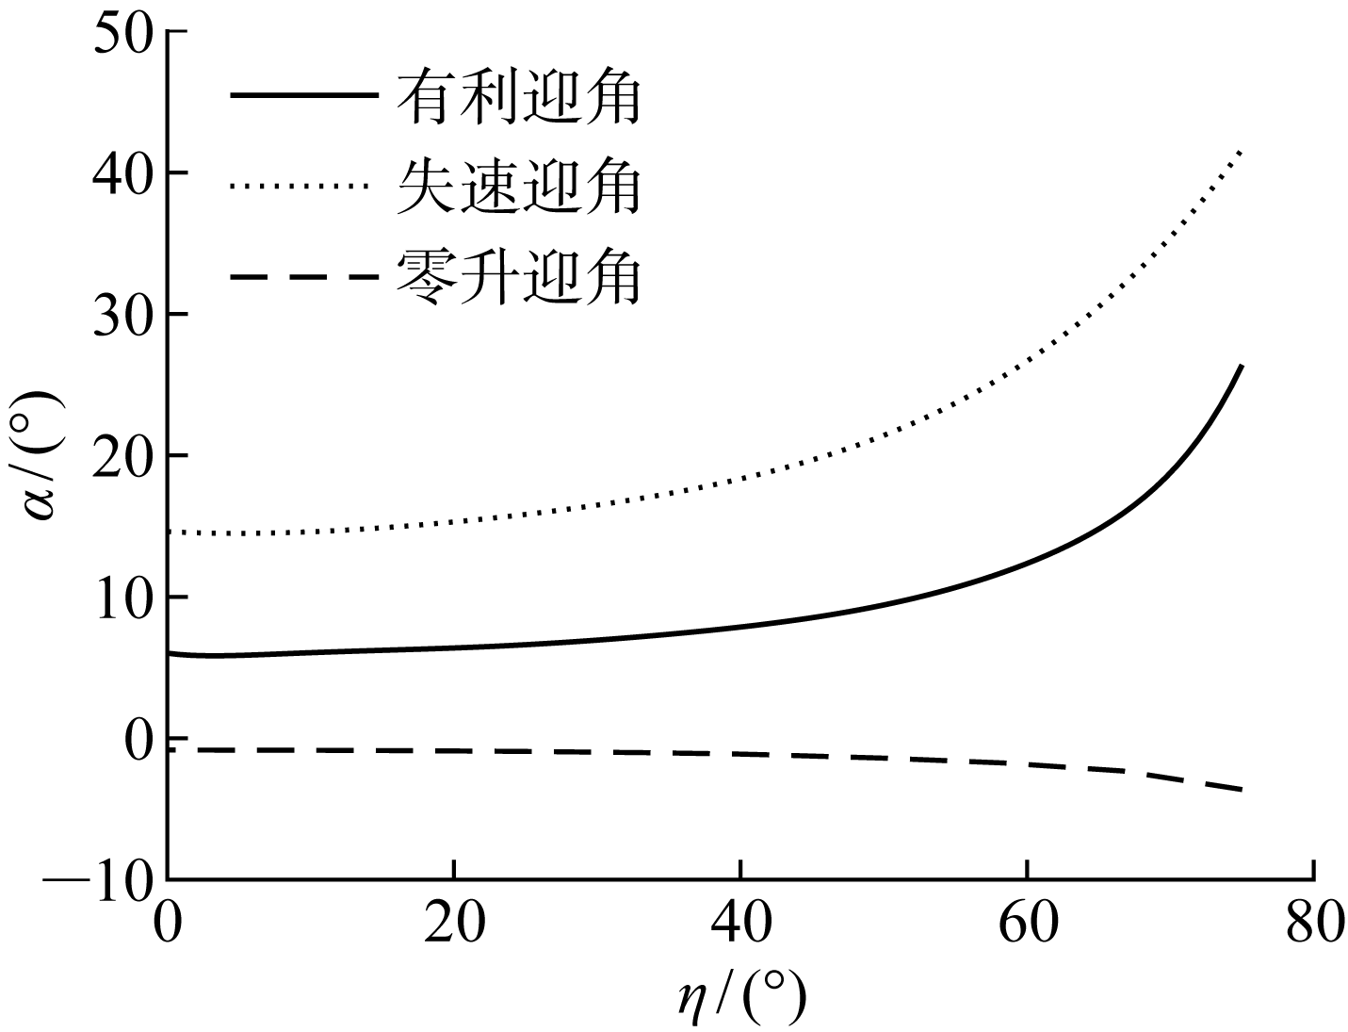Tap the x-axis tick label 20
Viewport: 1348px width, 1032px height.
click(x=454, y=924)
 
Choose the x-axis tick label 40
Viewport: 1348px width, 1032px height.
click(x=741, y=924)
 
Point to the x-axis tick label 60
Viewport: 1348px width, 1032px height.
click(x=1027, y=924)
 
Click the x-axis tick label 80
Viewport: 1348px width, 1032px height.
click(x=1313, y=924)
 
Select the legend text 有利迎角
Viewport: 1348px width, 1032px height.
click(x=519, y=98)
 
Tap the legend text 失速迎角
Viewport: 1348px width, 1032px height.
click(x=519, y=186)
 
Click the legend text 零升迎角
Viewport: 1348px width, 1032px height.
click(x=519, y=276)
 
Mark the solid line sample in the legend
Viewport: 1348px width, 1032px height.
click(x=303, y=96)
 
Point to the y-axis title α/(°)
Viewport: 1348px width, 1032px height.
click(x=43, y=456)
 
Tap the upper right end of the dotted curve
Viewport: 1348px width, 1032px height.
click(x=1242, y=151)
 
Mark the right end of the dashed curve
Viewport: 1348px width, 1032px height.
click(x=1242, y=789)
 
